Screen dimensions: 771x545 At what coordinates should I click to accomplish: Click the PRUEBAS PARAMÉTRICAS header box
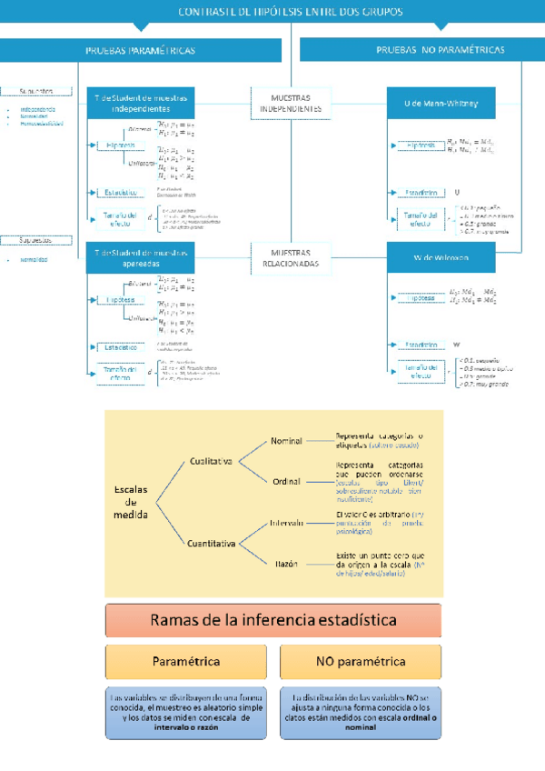coord(140,51)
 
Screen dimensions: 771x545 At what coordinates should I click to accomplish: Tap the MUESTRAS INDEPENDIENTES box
coord(291,103)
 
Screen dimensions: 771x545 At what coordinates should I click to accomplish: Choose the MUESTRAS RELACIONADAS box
coord(291,257)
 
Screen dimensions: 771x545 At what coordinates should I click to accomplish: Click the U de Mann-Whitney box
coord(441,105)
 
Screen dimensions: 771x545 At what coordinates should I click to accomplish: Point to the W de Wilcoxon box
coord(441,257)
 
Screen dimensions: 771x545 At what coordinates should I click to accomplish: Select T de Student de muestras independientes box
coord(145,104)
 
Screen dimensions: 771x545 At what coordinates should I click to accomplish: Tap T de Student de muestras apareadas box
coord(145,257)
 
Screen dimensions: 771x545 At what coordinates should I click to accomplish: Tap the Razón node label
coord(287,564)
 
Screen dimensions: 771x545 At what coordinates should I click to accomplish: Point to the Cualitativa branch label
coord(212,461)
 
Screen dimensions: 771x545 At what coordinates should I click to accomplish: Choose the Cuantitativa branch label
coord(212,544)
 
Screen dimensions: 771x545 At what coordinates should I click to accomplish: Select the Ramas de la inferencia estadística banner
coord(273,621)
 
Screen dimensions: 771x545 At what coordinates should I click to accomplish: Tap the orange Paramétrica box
coord(186,662)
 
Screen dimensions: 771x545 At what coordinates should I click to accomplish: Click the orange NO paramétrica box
coord(361,662)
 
